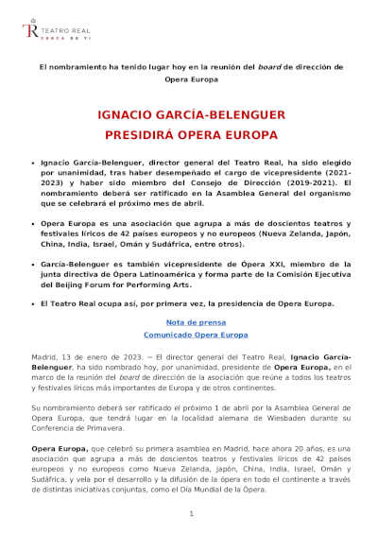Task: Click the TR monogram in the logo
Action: tap(29, 31)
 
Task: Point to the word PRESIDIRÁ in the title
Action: tap(153, 134)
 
